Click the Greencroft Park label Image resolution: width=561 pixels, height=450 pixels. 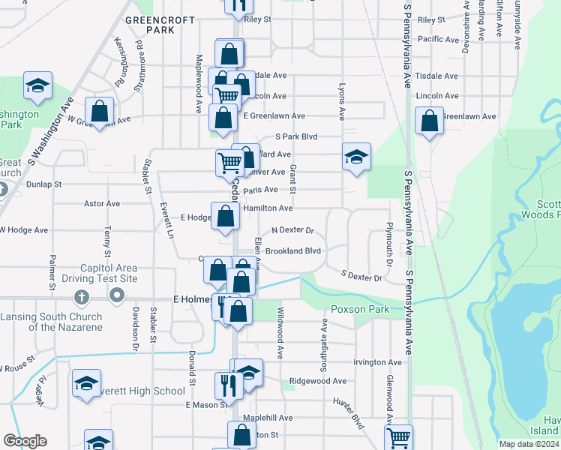point(150,25)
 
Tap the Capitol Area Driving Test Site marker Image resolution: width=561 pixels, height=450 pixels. point(115,296)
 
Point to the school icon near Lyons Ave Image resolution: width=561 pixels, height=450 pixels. point(357,157)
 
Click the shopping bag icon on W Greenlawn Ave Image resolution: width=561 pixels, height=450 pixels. point(99,112)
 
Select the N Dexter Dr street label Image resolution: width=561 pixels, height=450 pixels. point(292,230)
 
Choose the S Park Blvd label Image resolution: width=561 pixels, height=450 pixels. point(297,136)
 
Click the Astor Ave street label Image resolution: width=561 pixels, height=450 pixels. point(102,203)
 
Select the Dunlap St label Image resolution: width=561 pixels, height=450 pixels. point(43,183)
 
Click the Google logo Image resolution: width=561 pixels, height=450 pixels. point(25,441)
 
